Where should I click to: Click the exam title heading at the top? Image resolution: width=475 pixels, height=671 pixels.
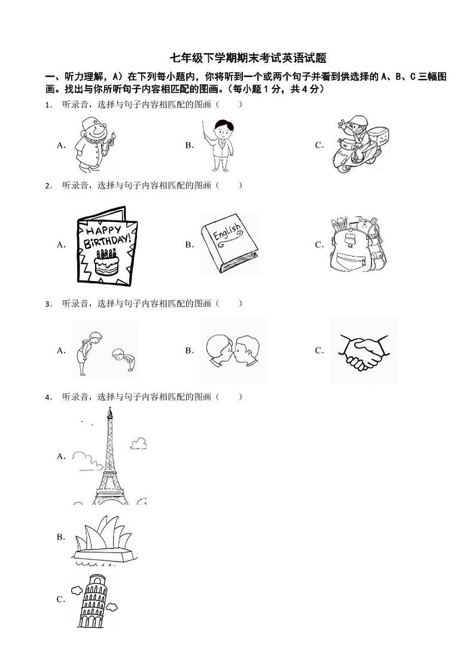(248, 58)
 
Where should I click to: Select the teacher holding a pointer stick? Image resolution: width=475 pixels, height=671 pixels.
(219, 145)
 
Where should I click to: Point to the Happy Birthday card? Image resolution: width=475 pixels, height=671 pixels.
(107, 245)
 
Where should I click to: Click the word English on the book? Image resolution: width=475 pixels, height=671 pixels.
(227, 233)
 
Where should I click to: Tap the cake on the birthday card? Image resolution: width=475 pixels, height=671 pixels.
(106, 261)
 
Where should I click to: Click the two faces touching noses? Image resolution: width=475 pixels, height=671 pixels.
(233, 350)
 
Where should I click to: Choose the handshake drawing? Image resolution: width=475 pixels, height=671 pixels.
(364, 351)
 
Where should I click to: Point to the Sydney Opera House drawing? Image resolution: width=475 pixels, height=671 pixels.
(104, 539)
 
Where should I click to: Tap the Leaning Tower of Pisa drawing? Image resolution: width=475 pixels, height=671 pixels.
(94, 601)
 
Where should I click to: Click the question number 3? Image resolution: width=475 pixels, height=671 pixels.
(48, 304)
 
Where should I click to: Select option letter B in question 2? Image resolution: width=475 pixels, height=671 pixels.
(190, 245)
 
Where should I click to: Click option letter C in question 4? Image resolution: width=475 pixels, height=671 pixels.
(61, 600)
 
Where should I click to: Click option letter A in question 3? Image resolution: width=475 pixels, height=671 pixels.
(61, 350)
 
